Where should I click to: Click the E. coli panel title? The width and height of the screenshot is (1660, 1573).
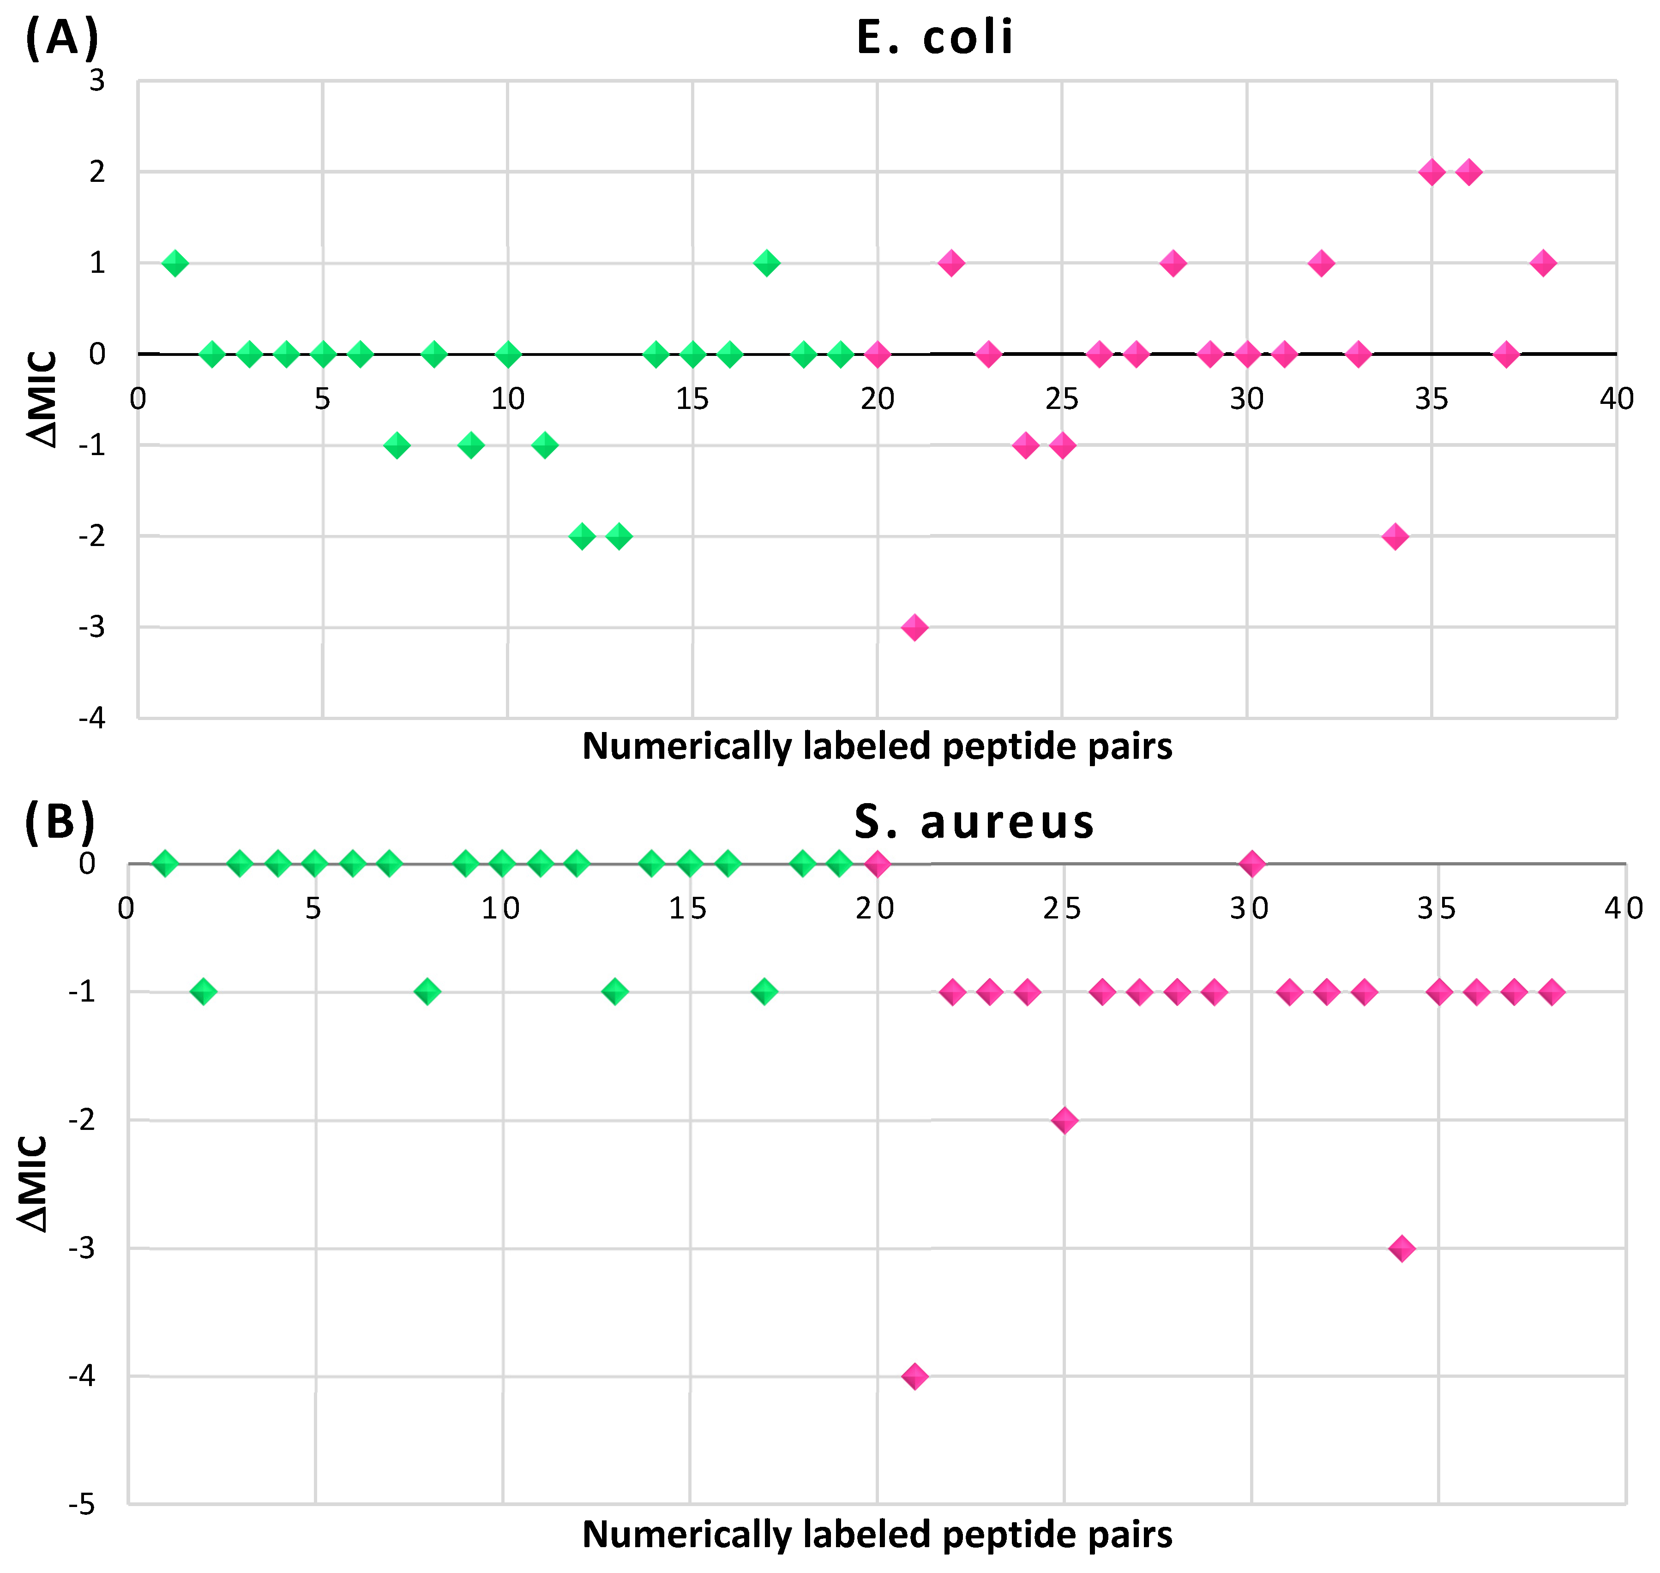pos(934,38)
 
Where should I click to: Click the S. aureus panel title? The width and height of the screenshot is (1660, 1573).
pos(974,822)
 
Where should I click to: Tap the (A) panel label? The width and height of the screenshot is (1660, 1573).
pos(62,38)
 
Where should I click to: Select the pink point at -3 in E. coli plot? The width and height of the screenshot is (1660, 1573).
pos(914,627)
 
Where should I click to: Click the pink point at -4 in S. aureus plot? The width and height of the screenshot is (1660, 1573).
pos(914,1376)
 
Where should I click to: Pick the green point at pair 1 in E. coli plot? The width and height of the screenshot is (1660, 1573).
pos(174,263)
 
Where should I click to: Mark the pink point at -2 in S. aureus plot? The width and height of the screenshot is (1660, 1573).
pos(1064,1120)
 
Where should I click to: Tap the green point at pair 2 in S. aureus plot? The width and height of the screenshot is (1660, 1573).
pos(203,992)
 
